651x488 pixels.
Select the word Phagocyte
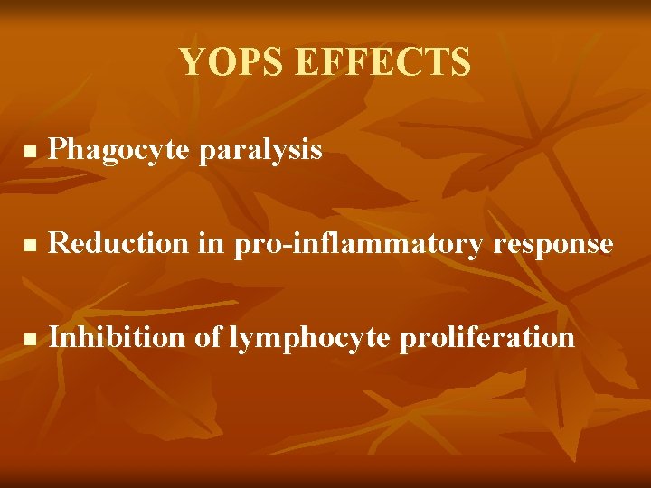tap(119, 150)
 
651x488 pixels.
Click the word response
tap(554, 245)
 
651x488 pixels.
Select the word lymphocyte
tap(309, 339)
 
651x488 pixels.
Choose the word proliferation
tap(486, 339)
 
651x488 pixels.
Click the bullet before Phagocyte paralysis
tap(28, 152)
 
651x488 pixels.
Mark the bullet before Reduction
tap(28, 245)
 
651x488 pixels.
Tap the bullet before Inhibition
tap(28, 339)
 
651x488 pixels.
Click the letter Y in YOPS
tap(190, 62)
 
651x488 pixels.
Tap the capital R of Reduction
tap(58, 243)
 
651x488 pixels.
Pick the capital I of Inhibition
tap(53, 337)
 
